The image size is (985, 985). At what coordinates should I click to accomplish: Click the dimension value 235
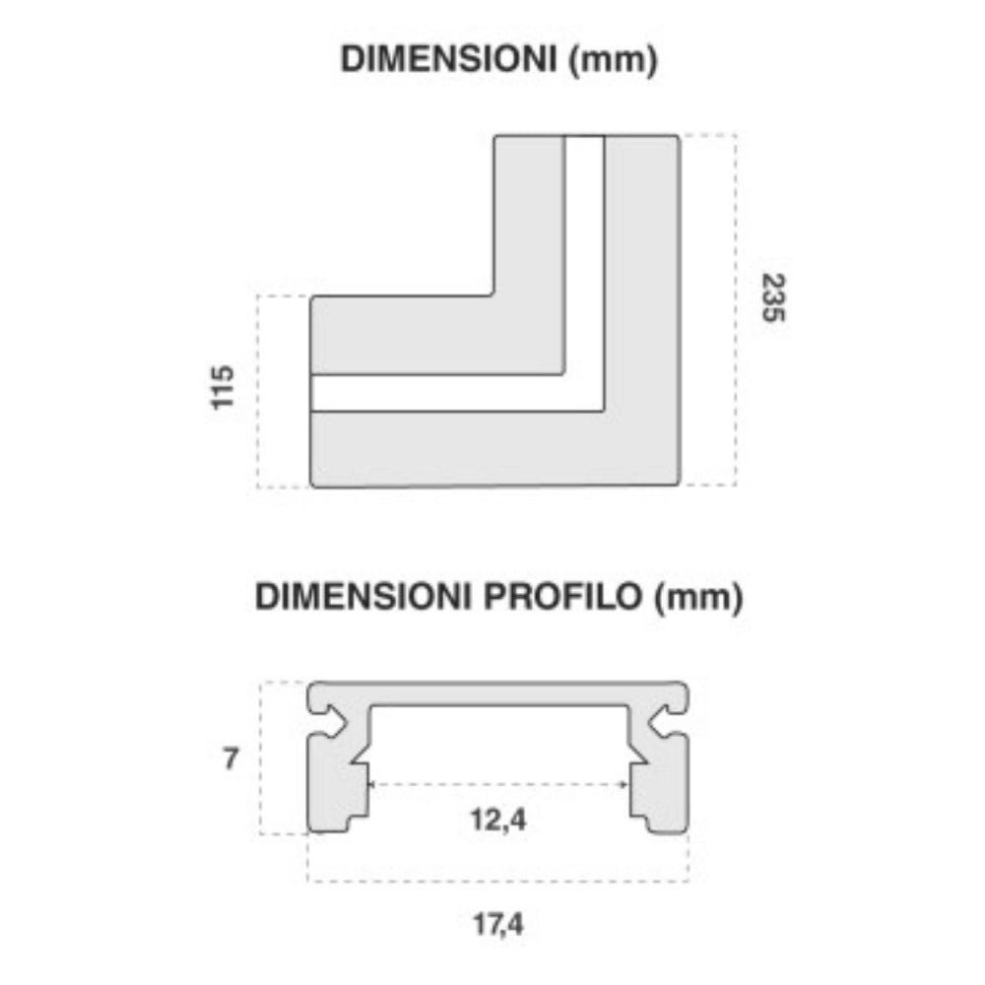773,297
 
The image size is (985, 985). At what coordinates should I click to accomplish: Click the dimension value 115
222,387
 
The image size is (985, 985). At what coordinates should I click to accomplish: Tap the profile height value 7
230,758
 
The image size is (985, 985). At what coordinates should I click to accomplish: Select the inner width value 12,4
497,820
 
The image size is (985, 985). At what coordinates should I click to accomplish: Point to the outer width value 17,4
497,925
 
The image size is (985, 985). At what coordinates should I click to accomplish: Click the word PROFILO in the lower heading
561,596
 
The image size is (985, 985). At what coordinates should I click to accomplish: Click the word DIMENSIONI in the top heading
448,59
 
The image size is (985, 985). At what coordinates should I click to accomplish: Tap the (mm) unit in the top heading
613,60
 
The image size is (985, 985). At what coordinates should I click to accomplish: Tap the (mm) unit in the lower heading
698,598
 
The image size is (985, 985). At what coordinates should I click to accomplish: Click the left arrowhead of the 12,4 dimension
372,784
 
